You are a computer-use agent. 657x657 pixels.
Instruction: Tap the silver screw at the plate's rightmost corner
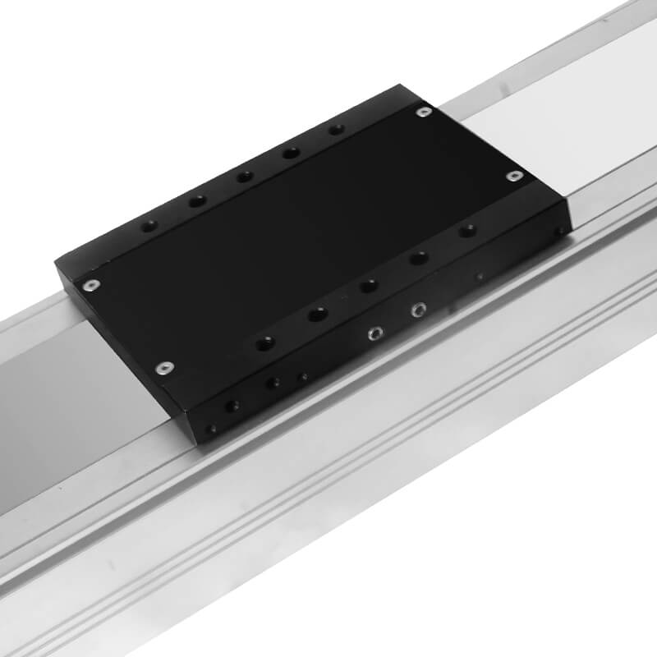[x=514, y=176]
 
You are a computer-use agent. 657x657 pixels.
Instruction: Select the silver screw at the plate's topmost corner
[x=423, y=111]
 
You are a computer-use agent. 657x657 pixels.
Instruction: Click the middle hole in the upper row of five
[x=244, y=177]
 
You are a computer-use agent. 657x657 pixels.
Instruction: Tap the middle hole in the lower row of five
[x=369, y=286]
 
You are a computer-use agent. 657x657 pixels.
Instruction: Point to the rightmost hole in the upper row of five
[x=335, y=130]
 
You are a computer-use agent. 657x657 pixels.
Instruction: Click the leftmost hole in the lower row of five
[x=264, y=342]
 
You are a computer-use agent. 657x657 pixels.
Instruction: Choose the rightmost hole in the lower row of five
[x=467, y=231]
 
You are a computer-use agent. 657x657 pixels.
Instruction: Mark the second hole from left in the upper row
[x=196, y=201]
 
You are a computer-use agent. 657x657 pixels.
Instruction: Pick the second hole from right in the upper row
[x=290, y=153]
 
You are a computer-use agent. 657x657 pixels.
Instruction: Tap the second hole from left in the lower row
[x=318, y=314]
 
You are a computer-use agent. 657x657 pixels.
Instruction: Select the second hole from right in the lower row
[x=419, y=259]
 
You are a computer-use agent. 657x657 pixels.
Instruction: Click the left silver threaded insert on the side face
[x=374, y=333]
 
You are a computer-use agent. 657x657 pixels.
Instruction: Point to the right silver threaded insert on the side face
[x=419, y=310]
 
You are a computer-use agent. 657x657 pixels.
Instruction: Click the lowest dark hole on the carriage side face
[x=213, y=429]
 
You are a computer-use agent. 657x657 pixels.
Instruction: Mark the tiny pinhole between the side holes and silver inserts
[x=304, y=377]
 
